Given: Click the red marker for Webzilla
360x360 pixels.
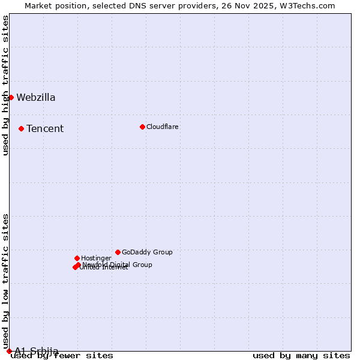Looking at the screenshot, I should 11,97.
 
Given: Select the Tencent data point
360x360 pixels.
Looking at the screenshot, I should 21,128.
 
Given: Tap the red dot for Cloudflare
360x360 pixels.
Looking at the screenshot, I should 142,127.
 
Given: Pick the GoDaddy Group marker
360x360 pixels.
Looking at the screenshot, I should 118,252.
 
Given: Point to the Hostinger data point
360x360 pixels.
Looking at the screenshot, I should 77,258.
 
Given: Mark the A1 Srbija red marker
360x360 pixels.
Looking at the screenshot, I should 9,351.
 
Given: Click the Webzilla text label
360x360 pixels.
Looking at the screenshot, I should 36,98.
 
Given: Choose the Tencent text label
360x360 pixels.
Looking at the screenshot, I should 45,129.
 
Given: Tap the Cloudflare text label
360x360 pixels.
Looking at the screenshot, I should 163,127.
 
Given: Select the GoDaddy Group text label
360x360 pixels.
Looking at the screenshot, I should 147,252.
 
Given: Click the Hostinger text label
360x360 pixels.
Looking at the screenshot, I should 96,258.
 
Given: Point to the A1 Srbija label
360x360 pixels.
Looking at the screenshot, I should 37,351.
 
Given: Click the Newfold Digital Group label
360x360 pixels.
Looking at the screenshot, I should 118,265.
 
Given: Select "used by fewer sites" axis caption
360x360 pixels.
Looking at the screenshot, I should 62,356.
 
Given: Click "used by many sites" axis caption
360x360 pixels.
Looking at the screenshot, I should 301,356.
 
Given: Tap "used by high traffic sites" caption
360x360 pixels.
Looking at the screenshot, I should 6,85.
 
